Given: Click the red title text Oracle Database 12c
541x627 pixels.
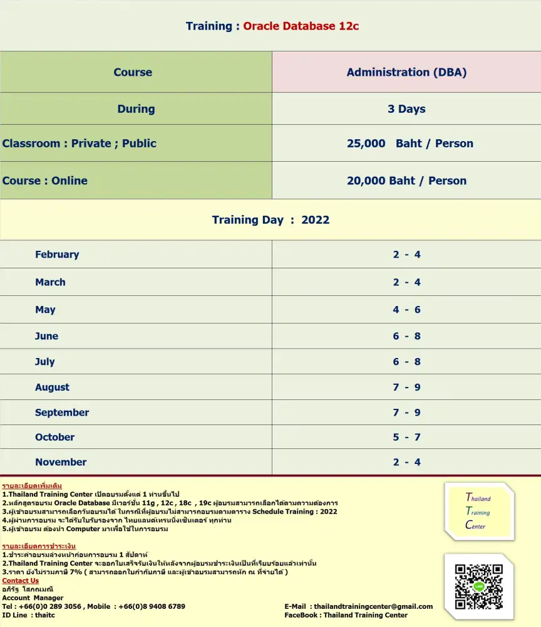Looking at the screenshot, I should tap(301, 26).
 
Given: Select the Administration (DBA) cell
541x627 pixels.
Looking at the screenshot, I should tap(406, 72).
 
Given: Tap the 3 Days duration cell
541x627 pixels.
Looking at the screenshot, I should tap(406, 109).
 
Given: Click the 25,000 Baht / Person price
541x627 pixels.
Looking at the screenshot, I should tap(410, 144).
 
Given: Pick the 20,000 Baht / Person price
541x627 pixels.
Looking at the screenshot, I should tap(406, 181).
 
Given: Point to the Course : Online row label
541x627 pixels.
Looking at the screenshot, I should tap(44, 181).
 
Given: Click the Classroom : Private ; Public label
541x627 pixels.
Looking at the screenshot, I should tap(79, 144).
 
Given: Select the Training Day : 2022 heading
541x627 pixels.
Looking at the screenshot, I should tap(270, 220).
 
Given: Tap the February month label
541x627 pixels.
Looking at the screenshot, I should tap(57, 255).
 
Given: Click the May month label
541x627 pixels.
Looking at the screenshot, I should tap(45, 310).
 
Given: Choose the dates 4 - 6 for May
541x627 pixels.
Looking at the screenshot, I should tap(406, 310).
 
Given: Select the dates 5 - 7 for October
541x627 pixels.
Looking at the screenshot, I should tap(406, 437).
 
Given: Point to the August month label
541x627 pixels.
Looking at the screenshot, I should tap(52, 387).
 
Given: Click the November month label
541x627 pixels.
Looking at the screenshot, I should tap(61, 462).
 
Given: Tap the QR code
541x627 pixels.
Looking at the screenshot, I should tap(479, 587).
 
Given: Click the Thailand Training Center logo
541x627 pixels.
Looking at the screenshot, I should tap(479, 512).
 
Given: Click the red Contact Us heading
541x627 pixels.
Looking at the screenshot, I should tap(20, 581).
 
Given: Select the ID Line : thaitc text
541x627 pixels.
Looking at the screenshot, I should tap(28, 615).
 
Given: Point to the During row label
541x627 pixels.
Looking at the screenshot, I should tap(136, 109).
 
